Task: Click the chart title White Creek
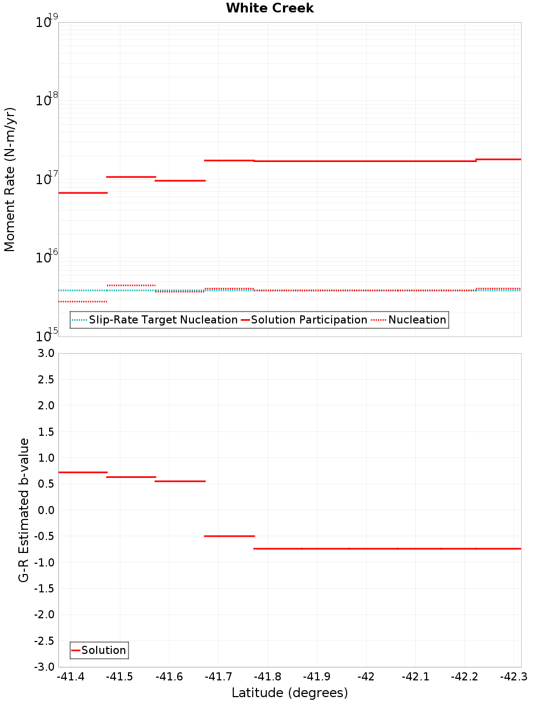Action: click(269, 8)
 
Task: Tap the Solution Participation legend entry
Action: click(304, 320)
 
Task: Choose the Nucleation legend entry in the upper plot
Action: click(410, 320)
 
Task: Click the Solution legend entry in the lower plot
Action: click(99, 650)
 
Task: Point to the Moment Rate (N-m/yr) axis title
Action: click(10, 179)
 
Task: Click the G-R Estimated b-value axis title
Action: click(24, 510)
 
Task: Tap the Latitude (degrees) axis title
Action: click(289, 693)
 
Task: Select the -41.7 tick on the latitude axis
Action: click(218, 677)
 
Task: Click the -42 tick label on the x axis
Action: click(366, 677)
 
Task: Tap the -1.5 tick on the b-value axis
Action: click(43, 589)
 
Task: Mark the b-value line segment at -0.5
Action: click(230, 536)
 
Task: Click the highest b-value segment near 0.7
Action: click(83, 473)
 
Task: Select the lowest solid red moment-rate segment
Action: click(83, 193)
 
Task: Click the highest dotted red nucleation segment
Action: click(131, 285)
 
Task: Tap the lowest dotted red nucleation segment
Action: click(83, 301)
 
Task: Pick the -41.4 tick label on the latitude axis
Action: click(71, 677)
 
